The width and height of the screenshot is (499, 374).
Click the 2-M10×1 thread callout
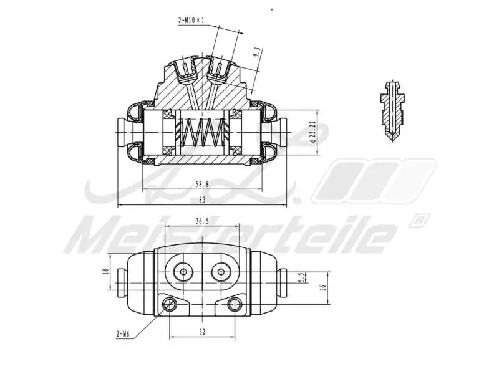pyautogui.click(x=190, y=21)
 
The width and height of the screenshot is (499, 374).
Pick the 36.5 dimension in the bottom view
pyautogui.click(x=202, y=220)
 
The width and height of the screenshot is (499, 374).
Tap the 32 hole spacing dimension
pyautogui.click(x=202, y=333)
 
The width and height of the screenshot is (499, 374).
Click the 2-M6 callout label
pyautogui.click(x=122, y=334)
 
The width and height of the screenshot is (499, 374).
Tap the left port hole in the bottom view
pyautogui.click(x=184, y=272)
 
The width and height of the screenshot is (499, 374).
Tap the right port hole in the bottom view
pyautogui.click(x=220, y=272)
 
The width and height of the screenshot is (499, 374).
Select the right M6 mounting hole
pyautogui.click(x=235, y=304)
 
